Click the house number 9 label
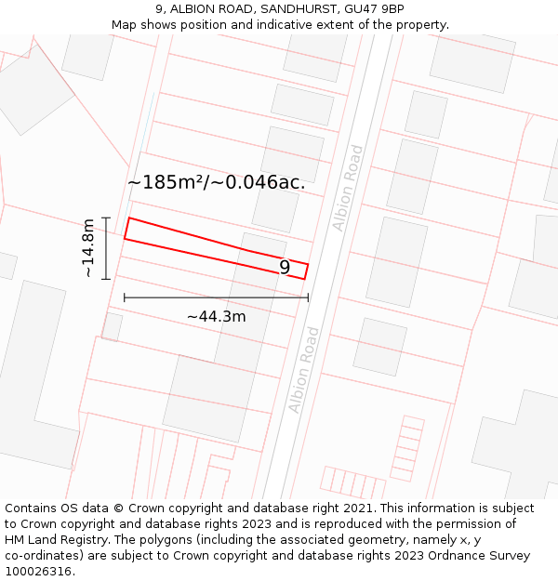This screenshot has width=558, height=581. coord(285,268)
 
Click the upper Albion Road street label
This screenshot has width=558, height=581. coord(348,188)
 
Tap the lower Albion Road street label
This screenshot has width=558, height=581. coord(304,370)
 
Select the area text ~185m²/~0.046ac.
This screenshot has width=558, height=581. coord(216,182)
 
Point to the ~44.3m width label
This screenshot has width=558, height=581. coord(216,316)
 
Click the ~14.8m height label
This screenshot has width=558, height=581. coord(87,248)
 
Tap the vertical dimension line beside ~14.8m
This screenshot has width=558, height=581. coord(107,248)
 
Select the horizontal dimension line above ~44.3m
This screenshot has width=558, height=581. coord(216,297)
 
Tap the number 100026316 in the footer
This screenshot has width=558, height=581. coord(39,571)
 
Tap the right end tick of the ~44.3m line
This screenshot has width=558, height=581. coord(308,297)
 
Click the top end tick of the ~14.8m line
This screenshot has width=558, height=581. coord(107,218)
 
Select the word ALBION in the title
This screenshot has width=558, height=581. coord(194,9)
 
